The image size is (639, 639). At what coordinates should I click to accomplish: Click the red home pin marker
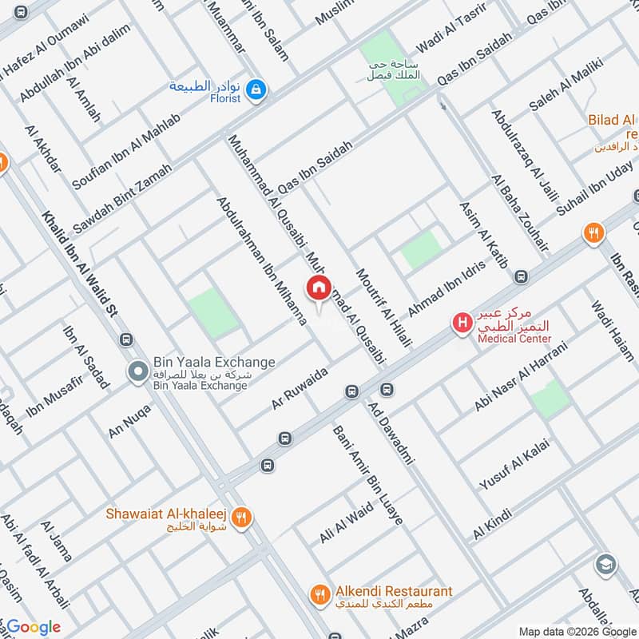tap(318, 288)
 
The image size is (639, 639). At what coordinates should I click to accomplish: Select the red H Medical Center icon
tap(461, 323)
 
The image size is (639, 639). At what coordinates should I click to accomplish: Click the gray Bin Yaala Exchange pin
tap(137, 371)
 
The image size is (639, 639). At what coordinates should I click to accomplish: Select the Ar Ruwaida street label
tap(300, 389)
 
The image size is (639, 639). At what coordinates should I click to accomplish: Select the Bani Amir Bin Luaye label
tap(367, 474)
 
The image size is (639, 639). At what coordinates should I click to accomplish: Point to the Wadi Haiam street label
tap(610, 333)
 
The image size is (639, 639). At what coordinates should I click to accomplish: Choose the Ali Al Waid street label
tap(346, 522)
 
